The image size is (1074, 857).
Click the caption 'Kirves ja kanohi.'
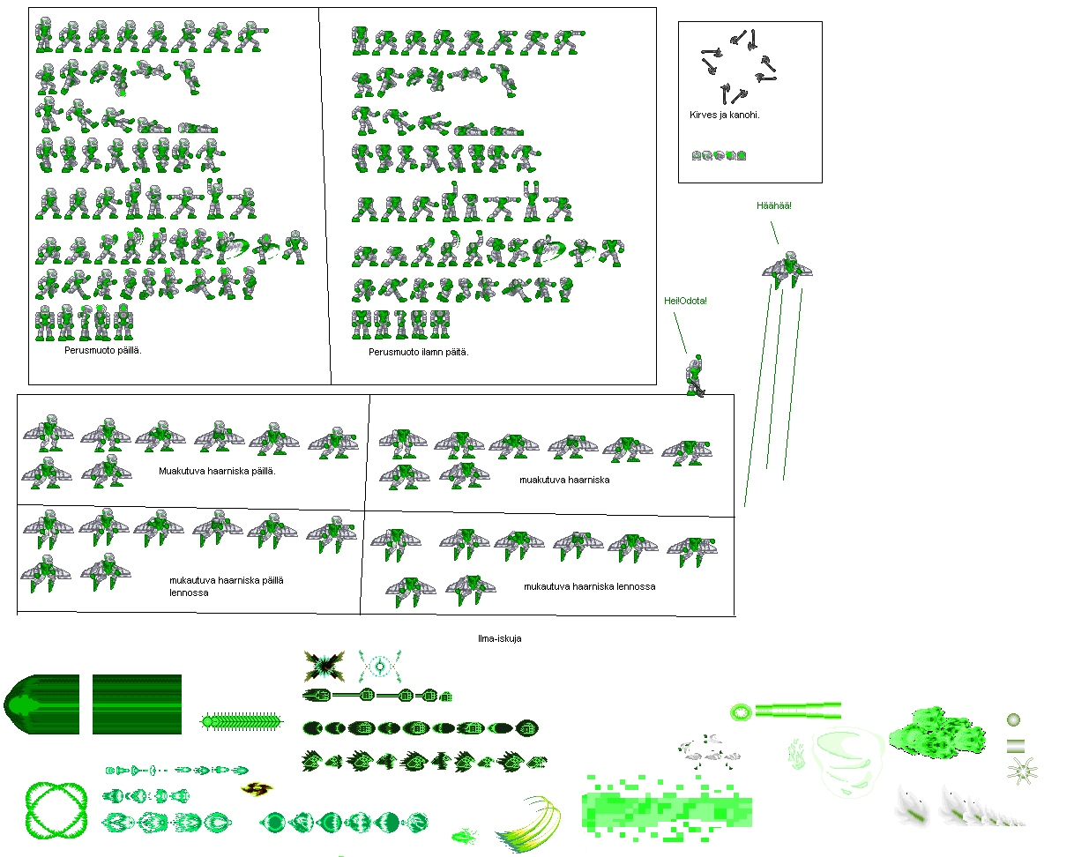click(x=724, y=115)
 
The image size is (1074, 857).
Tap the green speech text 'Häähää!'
click(x=773, y=205)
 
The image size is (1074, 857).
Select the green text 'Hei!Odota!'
click(x=685, y=301)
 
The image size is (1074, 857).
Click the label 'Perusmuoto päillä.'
click(x=103, y=350)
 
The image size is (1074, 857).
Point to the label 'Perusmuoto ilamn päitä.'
click(x=418, y=352)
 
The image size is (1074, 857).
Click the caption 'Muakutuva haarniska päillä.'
click(x=217, y=471)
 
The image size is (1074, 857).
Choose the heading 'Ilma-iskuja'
click(x=500, y=638)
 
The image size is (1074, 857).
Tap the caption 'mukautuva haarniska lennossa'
click(x=589, y=586)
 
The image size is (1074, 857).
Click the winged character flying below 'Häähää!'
click(x=787, y=270)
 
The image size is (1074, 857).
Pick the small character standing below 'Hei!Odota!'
click(x=695, y=376)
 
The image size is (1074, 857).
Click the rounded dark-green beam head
click(x=41, y=704)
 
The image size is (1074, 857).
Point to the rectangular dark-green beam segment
click(x=137, y=704)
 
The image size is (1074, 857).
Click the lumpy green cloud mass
click(x=936, y=732)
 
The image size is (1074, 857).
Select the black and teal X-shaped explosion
click(x=324, y=667)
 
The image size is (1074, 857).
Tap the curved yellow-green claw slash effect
click(x=529, y=824)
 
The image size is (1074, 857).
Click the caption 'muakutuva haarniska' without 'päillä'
click(x=564, y=481)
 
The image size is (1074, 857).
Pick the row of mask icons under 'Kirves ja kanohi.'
click(x=719, y=156)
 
